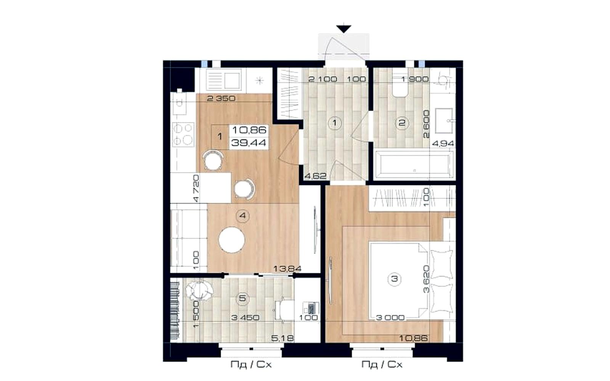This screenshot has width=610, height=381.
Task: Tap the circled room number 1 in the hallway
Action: pos(335,123)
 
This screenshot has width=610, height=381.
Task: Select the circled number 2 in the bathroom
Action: pos(402,123)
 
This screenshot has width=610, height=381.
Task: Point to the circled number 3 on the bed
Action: pos(394,279)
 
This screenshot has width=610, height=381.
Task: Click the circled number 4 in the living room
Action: pos(242,216)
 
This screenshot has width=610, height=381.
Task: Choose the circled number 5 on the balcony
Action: pos(242,298)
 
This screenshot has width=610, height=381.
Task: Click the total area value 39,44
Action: pos(248,142)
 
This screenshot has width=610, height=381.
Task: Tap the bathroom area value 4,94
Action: pos(443,143)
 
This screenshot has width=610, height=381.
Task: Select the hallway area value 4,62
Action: pos(315,176)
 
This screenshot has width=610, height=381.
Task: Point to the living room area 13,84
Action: pos(287,269)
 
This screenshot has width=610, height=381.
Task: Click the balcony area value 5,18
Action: pos(283,338)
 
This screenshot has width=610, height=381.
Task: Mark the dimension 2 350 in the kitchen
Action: pos(221,98)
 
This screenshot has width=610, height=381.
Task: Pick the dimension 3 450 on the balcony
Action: pos(245,318)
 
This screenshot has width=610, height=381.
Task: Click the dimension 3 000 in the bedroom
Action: pos(390,318)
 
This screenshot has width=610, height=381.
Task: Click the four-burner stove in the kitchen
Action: pos(183,135)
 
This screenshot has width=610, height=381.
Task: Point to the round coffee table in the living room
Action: pos(232,240)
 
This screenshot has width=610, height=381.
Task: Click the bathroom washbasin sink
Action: pos(444,120)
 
